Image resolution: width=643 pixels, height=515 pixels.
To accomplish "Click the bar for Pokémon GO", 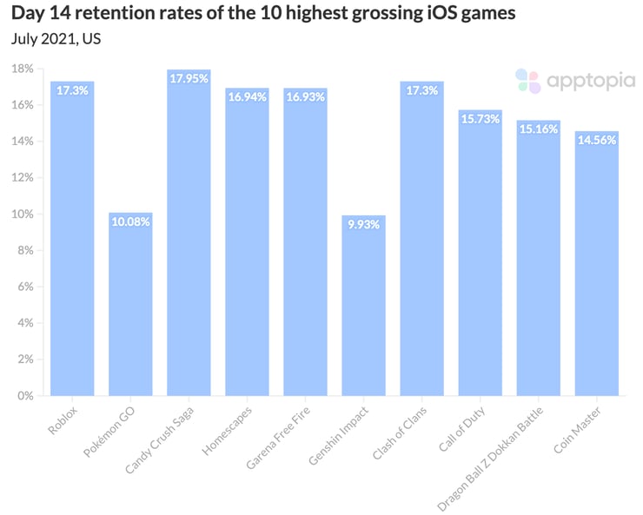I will point(130,304).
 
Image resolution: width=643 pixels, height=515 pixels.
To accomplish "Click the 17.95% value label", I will point(189,80).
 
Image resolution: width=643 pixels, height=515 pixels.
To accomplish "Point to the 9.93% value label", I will point(363,225).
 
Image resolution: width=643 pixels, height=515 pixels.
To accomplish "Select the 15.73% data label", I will point(480,119).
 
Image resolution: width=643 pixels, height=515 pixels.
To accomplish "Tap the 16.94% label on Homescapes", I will point(247,97).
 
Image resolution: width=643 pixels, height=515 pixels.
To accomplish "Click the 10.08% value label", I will point(130,222).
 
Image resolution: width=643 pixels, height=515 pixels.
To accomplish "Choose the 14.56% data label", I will point(596,141).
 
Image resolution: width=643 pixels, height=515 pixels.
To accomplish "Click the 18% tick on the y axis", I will point(23,69).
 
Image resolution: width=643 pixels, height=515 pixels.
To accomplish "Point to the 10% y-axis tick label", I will point(23,214).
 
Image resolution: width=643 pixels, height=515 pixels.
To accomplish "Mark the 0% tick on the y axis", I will point(26,395).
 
